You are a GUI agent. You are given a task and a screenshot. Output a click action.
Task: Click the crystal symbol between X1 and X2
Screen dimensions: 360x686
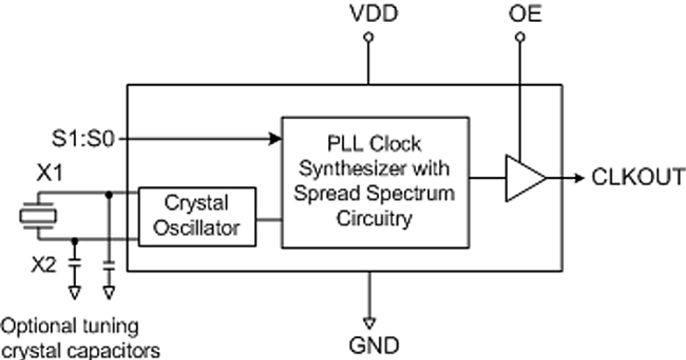pyautogui.click(x=38, y=216)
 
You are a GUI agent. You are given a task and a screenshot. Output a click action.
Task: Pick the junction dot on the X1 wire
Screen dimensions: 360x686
pyautogui.click(x=109, y=194)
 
